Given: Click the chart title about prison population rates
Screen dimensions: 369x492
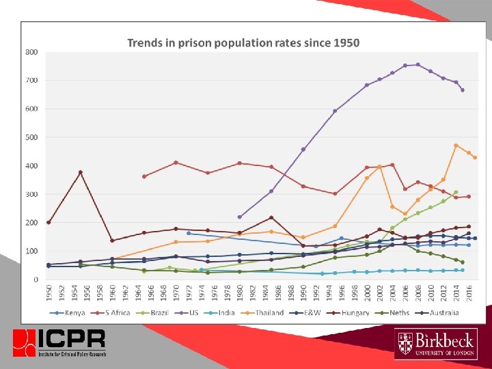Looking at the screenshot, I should pos(243,42).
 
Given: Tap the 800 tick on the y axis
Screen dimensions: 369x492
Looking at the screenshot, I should pos(31,52).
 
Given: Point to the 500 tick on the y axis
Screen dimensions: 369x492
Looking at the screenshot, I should pos(31,137).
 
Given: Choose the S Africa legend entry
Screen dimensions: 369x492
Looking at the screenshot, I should pos(116,313).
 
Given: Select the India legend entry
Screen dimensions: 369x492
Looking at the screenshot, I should pos(226,313).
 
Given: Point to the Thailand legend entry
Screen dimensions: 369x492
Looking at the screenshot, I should pos(266,313).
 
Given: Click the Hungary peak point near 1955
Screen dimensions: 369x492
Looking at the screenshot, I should pos(81,172).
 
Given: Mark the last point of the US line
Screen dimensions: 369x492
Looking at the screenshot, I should pos(463,90).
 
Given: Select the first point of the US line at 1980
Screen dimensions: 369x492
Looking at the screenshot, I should pos(239,217).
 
